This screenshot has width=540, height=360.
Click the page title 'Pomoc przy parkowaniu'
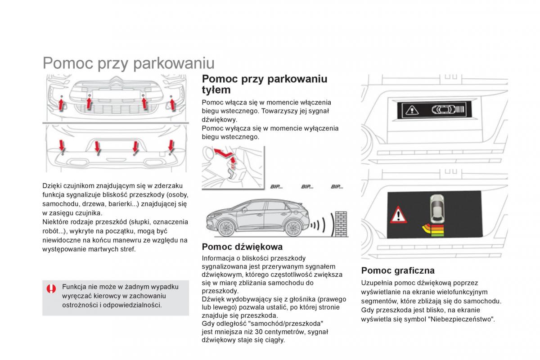pos(128,63)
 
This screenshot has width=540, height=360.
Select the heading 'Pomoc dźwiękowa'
pos(242,247)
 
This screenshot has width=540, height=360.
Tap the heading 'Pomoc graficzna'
pos(398,270)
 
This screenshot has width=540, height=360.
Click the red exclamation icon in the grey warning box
pos(52,289)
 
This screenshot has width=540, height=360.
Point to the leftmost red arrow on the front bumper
pos(62,104)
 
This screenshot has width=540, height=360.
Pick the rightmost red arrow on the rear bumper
pos(171,145)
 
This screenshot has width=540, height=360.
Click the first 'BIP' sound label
pos(275,187)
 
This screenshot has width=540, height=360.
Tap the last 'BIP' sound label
pos(337,187)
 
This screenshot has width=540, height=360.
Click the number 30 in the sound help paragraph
pos(259,332)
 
